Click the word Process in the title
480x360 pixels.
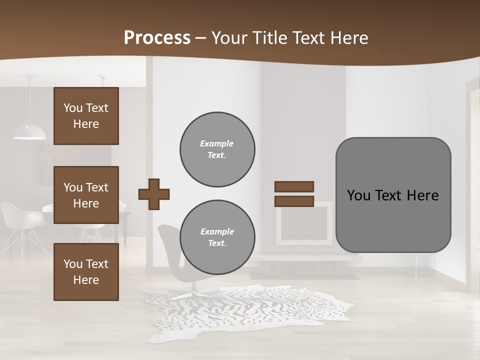(157, 38)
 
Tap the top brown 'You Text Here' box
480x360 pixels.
(86, 116)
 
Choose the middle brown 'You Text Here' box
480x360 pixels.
(86, 195)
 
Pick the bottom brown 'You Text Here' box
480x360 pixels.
(86, 271)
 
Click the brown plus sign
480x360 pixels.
(153, 194)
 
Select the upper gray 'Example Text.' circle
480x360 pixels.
(217, 149)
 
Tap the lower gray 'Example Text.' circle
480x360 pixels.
(217, 237)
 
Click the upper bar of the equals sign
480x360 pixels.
(294, 186)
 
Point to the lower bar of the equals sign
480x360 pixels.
(294, 201)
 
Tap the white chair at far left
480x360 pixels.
(20, 220)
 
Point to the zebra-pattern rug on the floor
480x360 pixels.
(250, 310)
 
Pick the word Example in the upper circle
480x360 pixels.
(216, 143)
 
